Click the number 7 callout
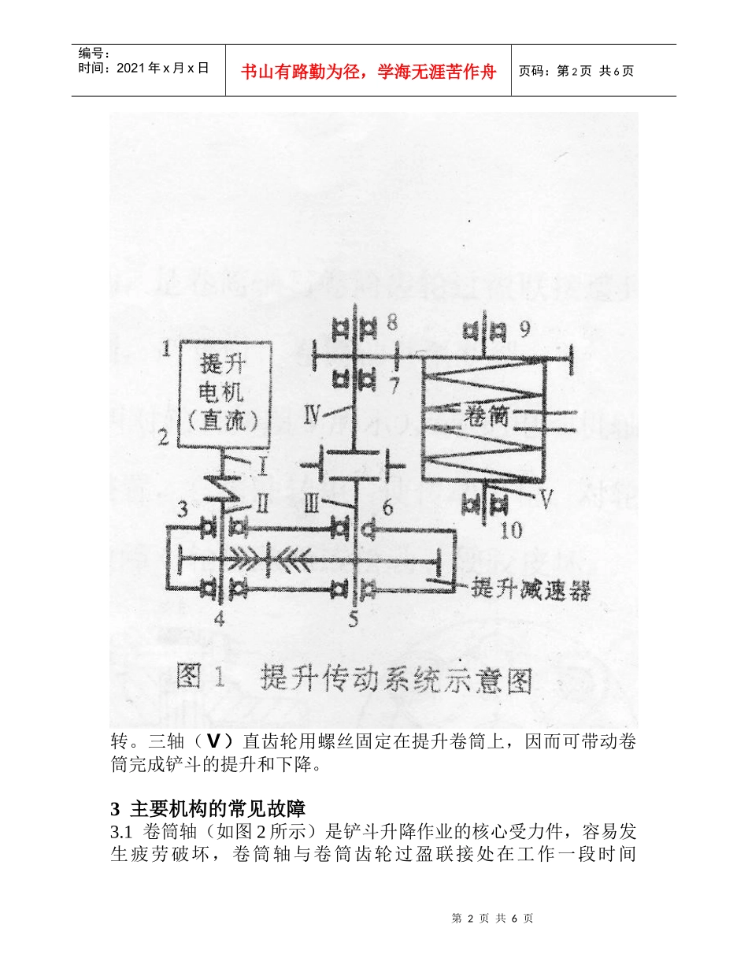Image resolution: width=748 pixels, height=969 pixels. pos(394,386)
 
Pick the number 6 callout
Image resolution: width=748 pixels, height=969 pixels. pos(387,508)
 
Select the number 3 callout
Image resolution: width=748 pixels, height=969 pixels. pos(182,508)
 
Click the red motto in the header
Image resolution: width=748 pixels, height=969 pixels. pos(368,72)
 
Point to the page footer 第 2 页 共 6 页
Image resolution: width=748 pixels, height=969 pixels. pos(493,919)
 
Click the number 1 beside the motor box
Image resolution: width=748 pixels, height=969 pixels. pos(165,349)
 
